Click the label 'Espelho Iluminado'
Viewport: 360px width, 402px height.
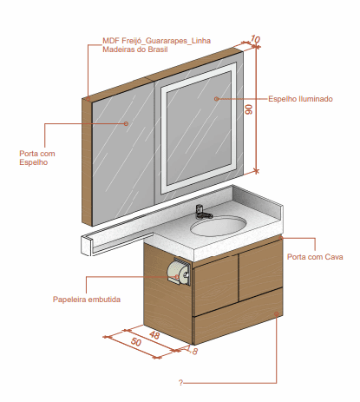pyautogui.click(x=300, y=99)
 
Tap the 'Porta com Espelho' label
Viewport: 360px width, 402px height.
pyautogui.click(x=37, y=158)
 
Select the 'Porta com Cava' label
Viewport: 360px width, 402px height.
pyautogui.click(x=315, y=257)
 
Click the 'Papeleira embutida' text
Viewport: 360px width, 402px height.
pyautogui.click(x=87, y=300)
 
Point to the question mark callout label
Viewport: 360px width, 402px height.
pyautogui.click(x=180, y=383)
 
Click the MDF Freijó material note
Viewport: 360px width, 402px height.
pyautogui.click(x=156, y=45)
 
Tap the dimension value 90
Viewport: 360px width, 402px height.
pyautogui.click(x=249, y=109)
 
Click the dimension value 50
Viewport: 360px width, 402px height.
pyautogui.click(x=136, y=342)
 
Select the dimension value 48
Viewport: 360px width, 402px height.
pyautogui.click(x=154, y=335)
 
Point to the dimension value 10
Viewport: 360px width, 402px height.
pyautogui.click(x=255, y=39)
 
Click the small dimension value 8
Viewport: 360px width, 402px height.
pyautogui.click(x=195, y=352)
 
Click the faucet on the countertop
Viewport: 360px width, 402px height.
pyautogui.click(x=203, y=212)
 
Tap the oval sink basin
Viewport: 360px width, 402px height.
pyautogui.click(x=219, y=227)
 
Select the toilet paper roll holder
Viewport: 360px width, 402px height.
pyautogui.click(x=179, y=272)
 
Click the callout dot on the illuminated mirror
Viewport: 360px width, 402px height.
pyautogui.click(x=216, y=99)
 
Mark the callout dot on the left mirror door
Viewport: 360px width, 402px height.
pyautogui.click(x=126, y=123)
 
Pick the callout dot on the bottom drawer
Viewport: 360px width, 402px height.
pyautogui.click(x=277, y=314)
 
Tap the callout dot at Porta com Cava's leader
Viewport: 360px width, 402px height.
pyautogui.click(x=281, y=238)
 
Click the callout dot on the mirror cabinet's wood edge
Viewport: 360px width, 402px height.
pyautogui.click(x=88, y=99)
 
